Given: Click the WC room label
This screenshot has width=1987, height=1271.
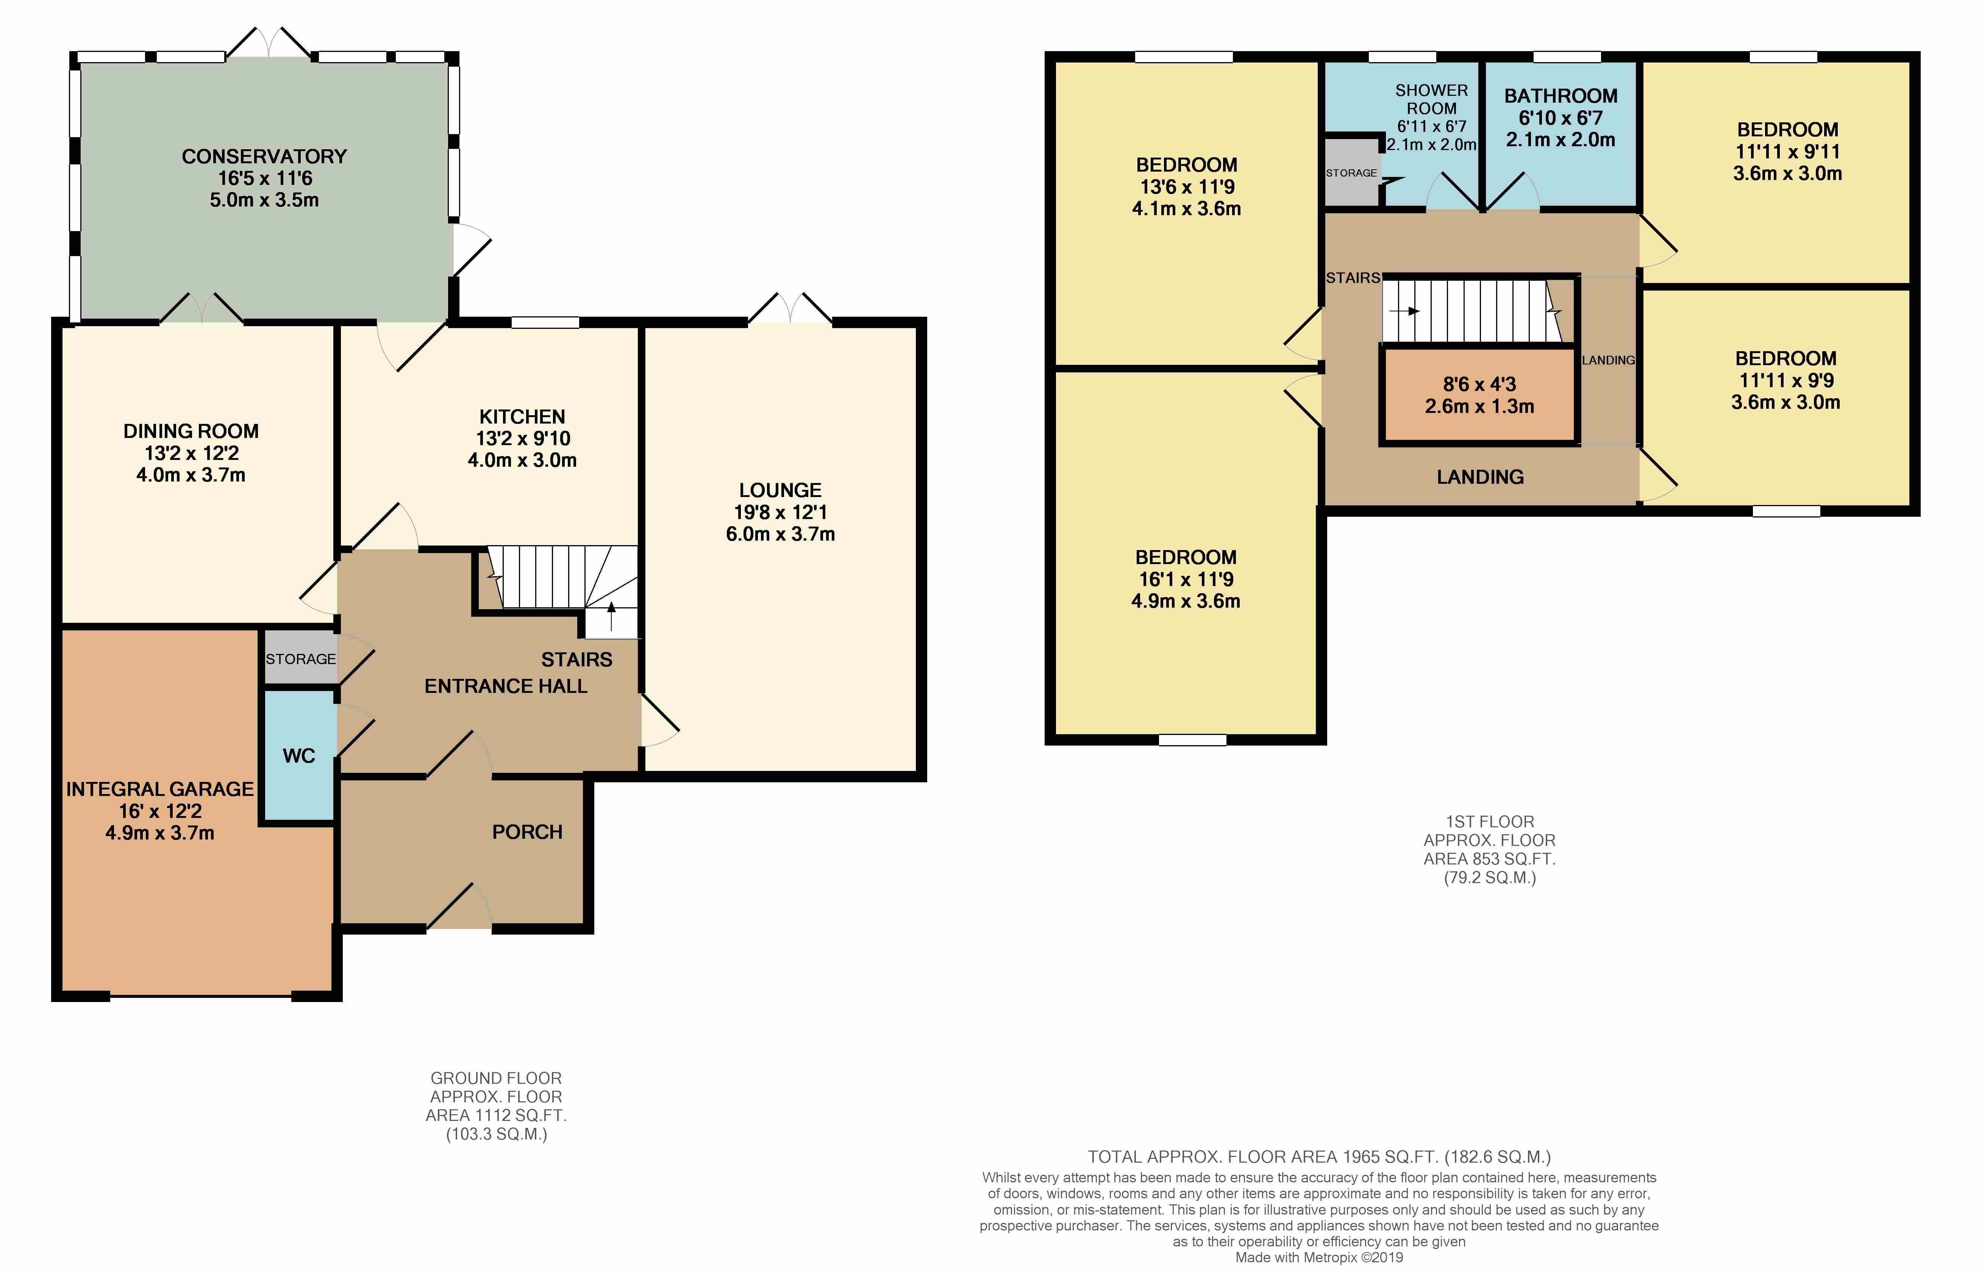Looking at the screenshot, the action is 299,756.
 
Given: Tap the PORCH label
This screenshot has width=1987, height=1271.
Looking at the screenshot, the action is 527,832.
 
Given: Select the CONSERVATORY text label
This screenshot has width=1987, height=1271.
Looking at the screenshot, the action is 264,156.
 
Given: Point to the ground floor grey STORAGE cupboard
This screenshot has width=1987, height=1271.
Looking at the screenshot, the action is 300,658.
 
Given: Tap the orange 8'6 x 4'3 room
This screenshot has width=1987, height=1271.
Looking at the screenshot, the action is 1479,396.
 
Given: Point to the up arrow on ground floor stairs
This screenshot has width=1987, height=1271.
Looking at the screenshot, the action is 611,616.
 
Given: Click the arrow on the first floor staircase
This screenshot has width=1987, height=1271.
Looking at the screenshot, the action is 1404,311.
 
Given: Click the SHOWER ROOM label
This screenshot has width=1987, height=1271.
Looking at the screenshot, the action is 1432,99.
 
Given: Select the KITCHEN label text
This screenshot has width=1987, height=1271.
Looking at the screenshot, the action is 522,417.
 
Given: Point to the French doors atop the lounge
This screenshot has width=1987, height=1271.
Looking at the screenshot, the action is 790,308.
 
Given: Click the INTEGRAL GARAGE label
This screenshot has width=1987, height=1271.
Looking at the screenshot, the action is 160,789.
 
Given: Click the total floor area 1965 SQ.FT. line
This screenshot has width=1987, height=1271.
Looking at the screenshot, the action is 1318,1157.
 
